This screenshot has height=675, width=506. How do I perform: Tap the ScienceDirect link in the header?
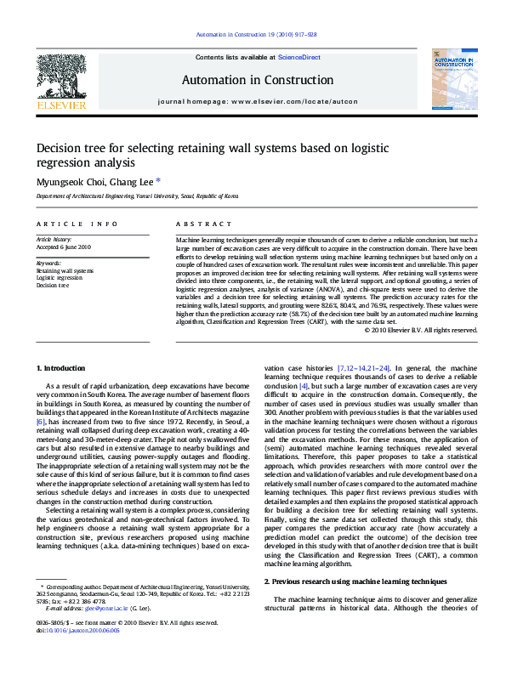pos(298,57)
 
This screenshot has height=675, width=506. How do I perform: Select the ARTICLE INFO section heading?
pos(77,224)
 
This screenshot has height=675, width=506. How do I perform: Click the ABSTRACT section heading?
pos(204,224)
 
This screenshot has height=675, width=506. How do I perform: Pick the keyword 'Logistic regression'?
pos(60,278)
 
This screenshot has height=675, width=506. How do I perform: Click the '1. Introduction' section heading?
pos(63,368)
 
